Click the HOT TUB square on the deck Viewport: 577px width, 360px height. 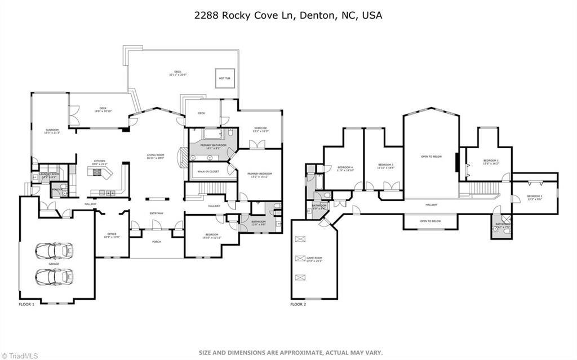(224, 78)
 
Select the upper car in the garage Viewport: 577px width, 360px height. (54, 250)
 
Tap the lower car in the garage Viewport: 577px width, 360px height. (54, 277)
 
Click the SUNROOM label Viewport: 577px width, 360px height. (52, 131)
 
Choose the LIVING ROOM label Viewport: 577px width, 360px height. (155, 155)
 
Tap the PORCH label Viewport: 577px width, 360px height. (156, 242)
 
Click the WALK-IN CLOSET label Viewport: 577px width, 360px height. (208, 171)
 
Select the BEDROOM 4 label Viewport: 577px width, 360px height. (345, 167)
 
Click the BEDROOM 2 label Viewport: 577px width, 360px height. (534, 196)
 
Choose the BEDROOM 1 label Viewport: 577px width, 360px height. (491, 161)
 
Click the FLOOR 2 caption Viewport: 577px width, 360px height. (298, 304)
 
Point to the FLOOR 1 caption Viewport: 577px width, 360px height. (26, 304)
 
